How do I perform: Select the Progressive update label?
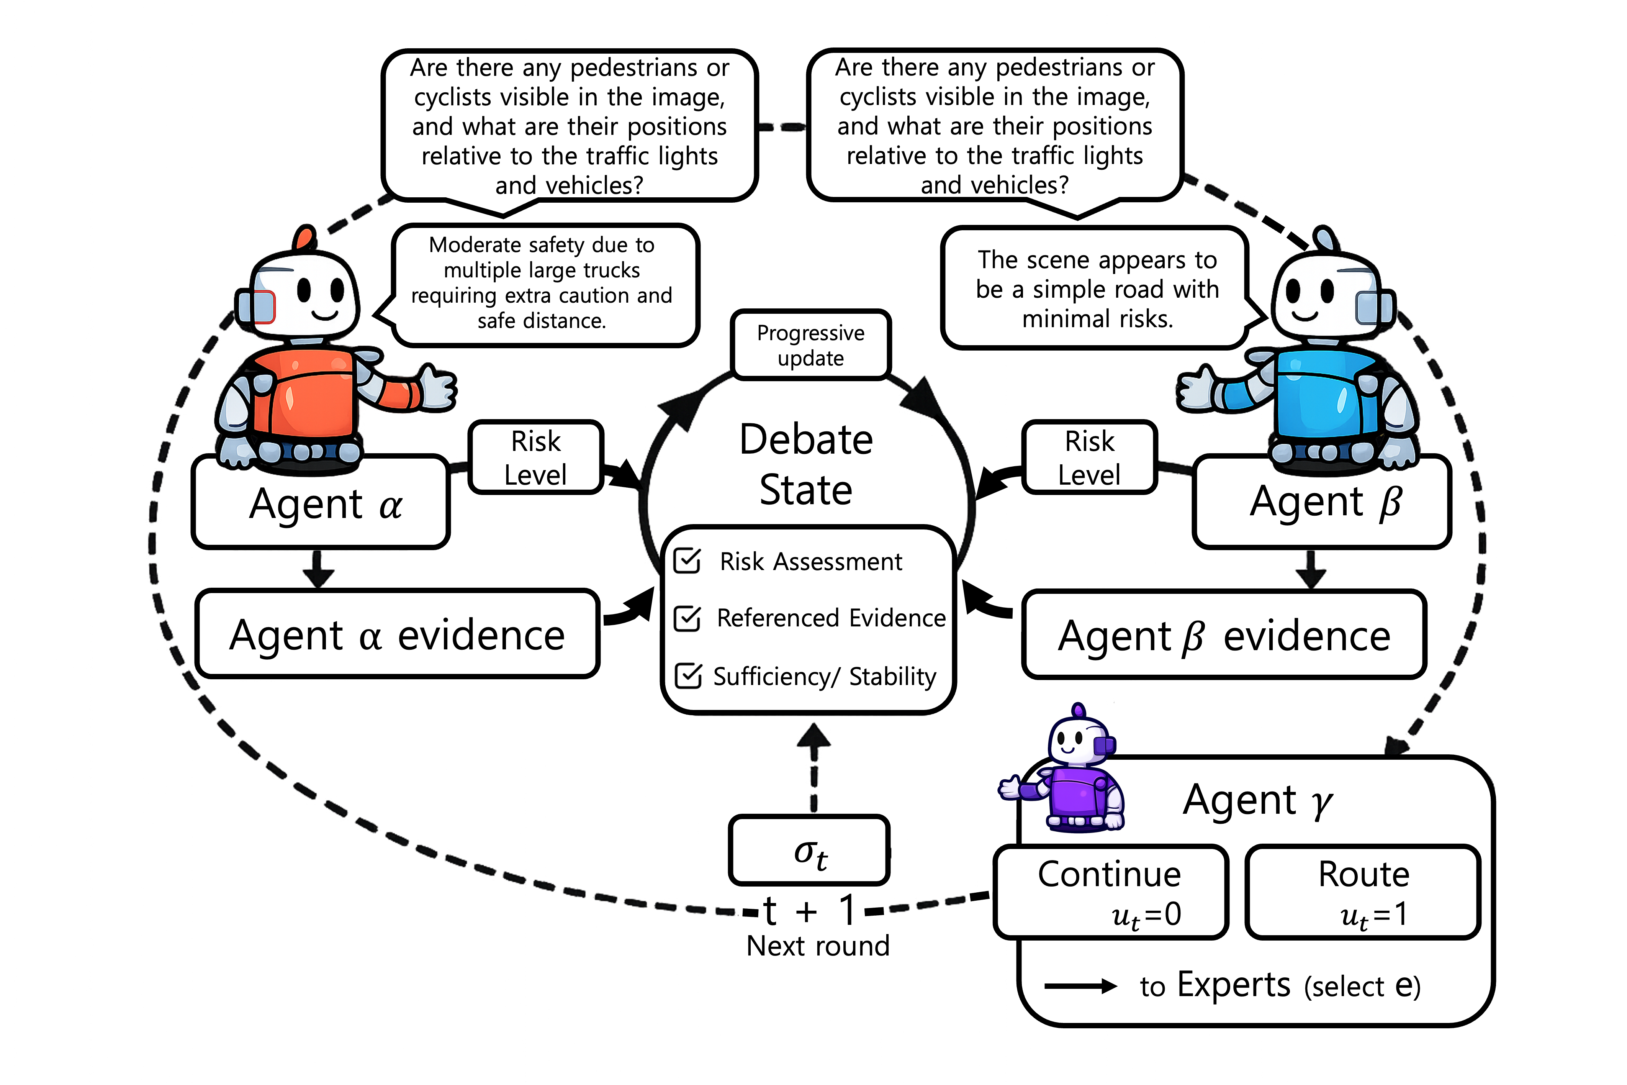[x=810, y=345]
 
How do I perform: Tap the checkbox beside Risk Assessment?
[x=687, y=561]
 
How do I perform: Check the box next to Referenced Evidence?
[x=687, y=618]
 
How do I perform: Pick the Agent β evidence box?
[x=1224, y=634]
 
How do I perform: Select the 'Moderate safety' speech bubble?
[x=543, y=284]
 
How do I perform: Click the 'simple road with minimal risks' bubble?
[x=1097, y=288]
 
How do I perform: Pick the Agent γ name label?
[x=1257, y=801]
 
